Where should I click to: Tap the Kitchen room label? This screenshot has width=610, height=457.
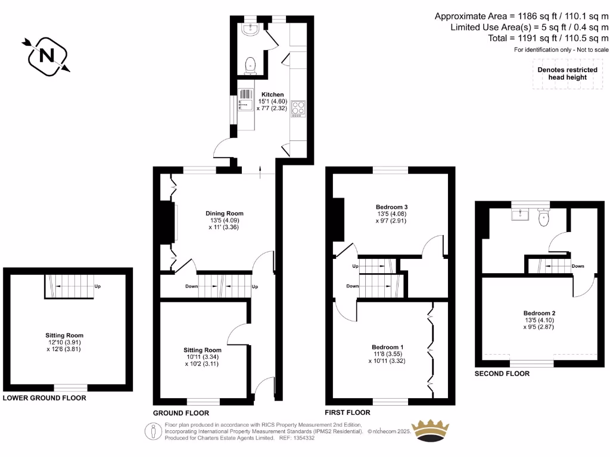pyautogui.click(x=272, y=95)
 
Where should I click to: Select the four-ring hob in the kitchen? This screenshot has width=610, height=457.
pyautogui.click(x=298, y=109)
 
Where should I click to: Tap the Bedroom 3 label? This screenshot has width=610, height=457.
pyautogui.click(x=391, y=207)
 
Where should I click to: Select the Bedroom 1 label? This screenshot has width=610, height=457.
pyautogui.click(x=387, y=347)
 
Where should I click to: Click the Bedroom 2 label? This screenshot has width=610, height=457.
pyautogui.click(x=539, y=313)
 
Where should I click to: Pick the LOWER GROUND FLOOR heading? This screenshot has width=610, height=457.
pyautogui.click(x=45, y=398)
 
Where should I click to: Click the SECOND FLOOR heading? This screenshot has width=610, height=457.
pyautogui.click(x=502, y=374)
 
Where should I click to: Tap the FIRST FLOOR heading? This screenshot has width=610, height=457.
pyautogui.click(x=347, y=412)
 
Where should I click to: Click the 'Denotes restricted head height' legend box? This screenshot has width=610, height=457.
pyautogui.click(x=567, y=73)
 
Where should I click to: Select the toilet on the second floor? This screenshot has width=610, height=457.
pyautogui.click(x=543, y=218)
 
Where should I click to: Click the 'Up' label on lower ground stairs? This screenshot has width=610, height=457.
pyautogui.click(x=97, y=286)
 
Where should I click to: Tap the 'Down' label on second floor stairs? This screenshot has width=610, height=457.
pyautogui.click(x=577, y=266)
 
